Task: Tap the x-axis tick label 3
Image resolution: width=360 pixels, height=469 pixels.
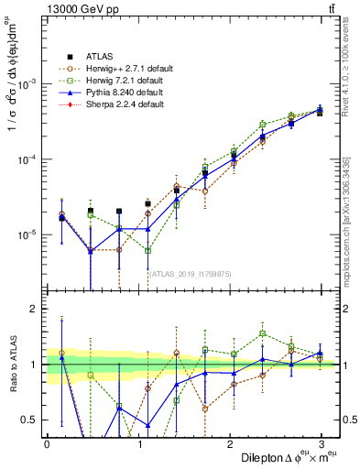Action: (x=321, y=443)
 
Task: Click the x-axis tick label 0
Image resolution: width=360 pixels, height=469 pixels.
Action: (x=47, y=443)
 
